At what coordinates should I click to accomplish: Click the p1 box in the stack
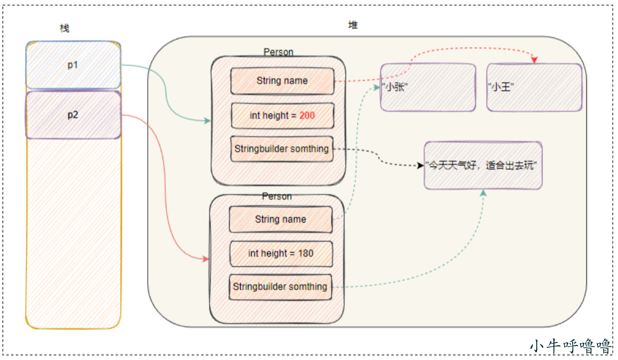[73, 65]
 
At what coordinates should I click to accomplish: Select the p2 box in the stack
[73, 115]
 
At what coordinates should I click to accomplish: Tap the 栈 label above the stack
[64, 29]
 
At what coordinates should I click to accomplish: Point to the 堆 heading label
[353, 25]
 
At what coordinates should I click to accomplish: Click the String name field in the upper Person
[282, 81]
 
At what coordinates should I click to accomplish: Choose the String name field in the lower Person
[281, 219]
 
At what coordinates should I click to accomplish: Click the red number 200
[307, 116]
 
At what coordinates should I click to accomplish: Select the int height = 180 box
[281, 253]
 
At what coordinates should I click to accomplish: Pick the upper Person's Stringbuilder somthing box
[282, 149]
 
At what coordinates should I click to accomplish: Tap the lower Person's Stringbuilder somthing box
[280, 287]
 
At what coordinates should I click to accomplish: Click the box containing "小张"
[428, 88]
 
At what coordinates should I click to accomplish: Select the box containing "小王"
[535, 88]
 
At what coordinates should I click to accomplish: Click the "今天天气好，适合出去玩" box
[483, 166]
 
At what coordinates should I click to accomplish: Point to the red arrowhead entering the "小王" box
[535, 60]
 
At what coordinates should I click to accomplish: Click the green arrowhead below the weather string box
[483, 193]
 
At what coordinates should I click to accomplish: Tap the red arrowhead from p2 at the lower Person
[206, 259]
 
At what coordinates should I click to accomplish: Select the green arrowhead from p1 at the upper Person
[207, 121]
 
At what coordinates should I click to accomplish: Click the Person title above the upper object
[279, 52]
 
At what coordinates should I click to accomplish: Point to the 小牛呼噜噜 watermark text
[571, 346]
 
